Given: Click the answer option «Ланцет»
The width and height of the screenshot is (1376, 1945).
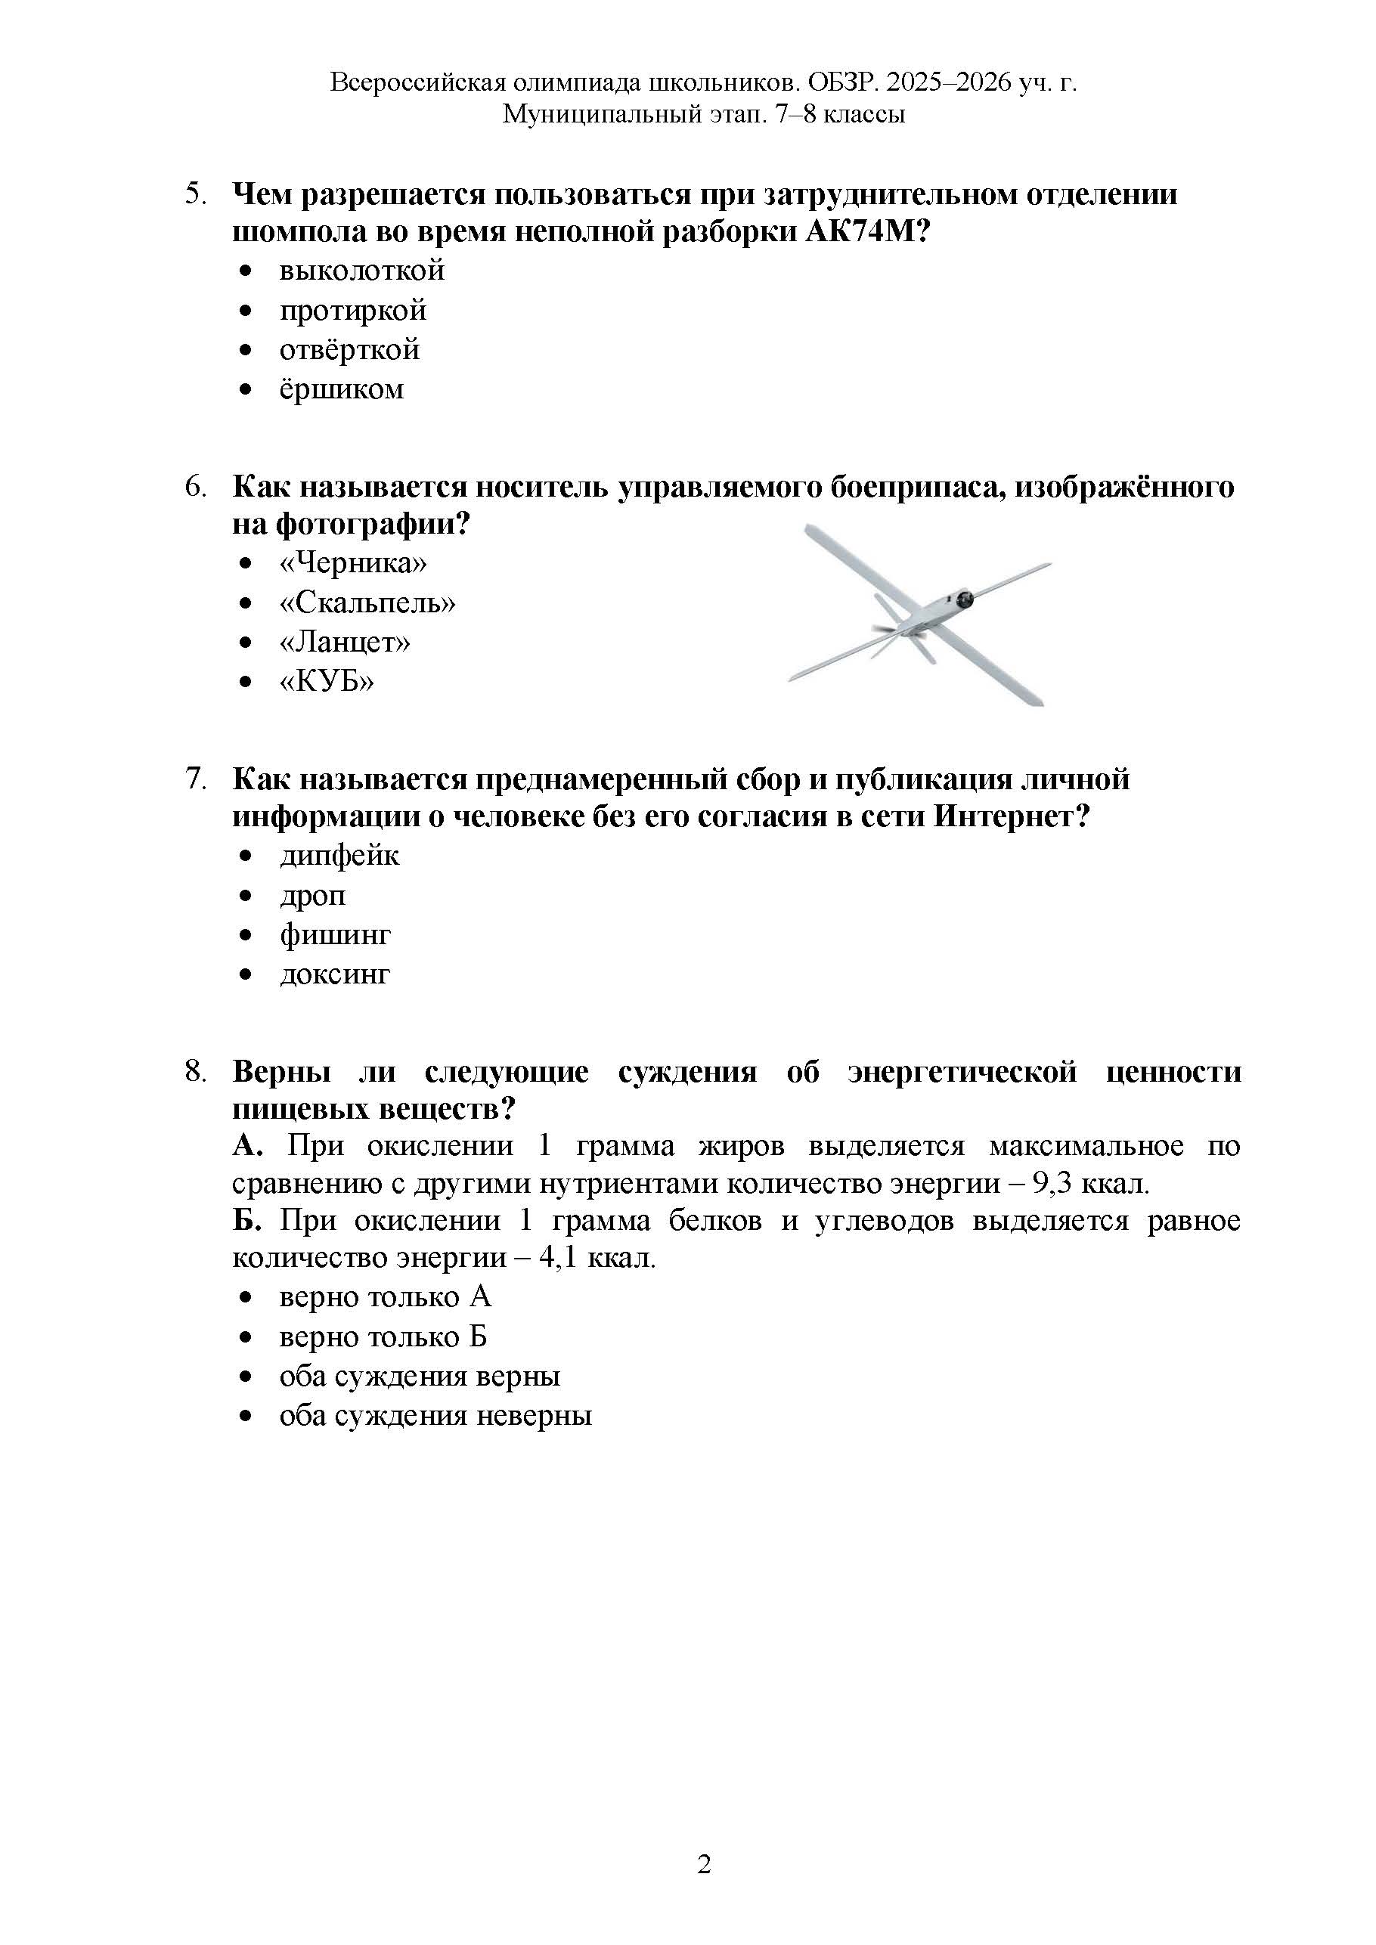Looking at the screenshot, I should coord(345,642).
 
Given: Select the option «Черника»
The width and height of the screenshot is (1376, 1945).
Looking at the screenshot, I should coord(353,563).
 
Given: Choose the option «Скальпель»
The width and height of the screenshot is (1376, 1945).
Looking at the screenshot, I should coord(367,603).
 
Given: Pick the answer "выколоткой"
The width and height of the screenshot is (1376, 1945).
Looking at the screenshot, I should coord(362,271).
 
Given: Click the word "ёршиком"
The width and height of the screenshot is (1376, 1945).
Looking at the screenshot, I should coord(342,389).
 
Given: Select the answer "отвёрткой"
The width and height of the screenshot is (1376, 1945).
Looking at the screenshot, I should coord(349,350).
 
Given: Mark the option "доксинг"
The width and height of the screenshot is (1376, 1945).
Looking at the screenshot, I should coord(335,974).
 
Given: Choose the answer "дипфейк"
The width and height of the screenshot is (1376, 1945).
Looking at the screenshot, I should coord(339,856).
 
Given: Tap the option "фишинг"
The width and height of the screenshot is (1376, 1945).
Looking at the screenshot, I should coord(336,935).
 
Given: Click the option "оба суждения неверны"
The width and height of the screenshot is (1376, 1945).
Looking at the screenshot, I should coord(435,1416).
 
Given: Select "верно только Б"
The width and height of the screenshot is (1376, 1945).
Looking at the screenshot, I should coord(383,1336).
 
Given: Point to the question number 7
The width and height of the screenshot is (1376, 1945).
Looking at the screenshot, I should coord(195,779).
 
